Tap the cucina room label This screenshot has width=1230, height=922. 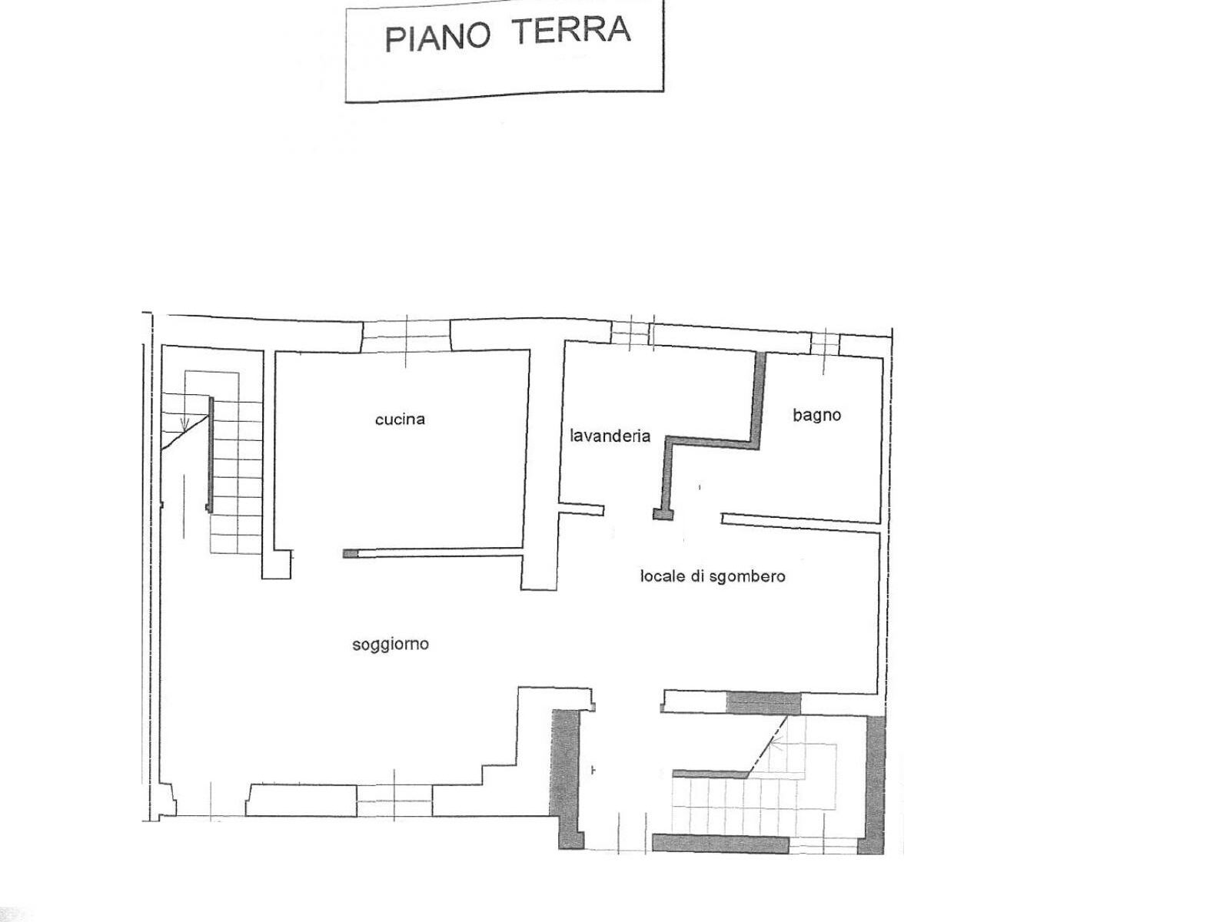point(400,420)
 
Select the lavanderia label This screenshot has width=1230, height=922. point(610,436)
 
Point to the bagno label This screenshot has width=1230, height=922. point(816,416)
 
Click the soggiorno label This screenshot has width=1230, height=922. point(391,645)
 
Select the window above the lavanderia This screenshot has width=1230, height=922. point(632,333)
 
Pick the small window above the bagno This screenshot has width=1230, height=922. point(825,343)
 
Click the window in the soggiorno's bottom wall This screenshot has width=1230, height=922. point(394,801)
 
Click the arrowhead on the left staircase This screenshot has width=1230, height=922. point(185,424)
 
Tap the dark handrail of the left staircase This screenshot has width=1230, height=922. point(210,454)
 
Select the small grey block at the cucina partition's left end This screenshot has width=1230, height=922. point(351,554)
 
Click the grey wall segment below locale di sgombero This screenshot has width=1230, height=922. point(763,703)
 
